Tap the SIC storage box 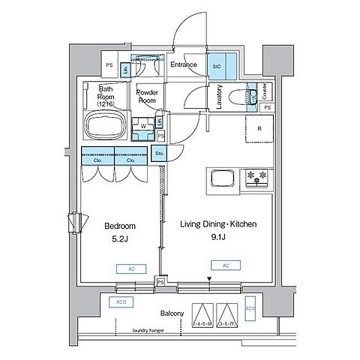pos(216,65)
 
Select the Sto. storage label pos(159,154)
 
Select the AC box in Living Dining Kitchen pos(224,265)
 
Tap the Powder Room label pos(145,95)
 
